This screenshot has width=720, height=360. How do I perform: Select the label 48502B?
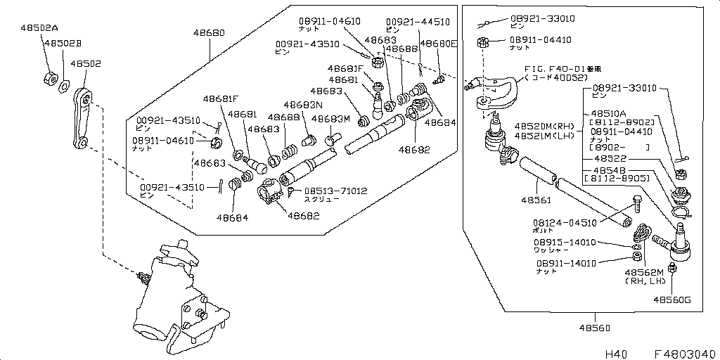63,44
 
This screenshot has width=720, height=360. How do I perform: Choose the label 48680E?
438,44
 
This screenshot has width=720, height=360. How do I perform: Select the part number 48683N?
303,104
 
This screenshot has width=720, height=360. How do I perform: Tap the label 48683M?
330,119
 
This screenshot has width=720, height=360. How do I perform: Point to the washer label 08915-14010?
565,243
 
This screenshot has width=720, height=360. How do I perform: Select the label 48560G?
671,300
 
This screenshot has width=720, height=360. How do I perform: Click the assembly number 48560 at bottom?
594,328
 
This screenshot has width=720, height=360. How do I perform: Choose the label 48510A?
612,112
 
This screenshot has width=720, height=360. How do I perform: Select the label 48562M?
644,271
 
